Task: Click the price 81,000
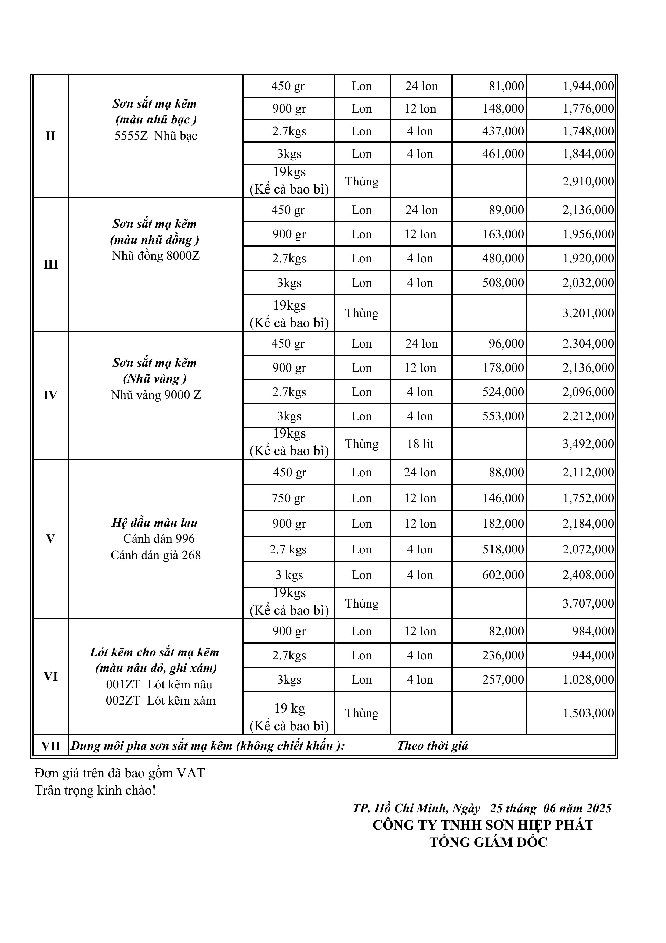click(x=506, y=86)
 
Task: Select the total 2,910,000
click(x=588, y=181)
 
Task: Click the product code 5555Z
click(x=131, y=136)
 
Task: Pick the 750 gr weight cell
click(x=289, y=498)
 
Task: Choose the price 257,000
click(x=503, y=680)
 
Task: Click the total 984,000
click(x=593, y=631)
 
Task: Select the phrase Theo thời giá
click(x=432, y=746)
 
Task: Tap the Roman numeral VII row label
click(x=50, y=746)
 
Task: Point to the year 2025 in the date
click(x=599, y=808)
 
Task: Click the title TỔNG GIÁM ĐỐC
click(x=488, y=842)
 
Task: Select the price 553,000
click(x=503, y=416)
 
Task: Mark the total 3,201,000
click(x=588, y=313)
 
